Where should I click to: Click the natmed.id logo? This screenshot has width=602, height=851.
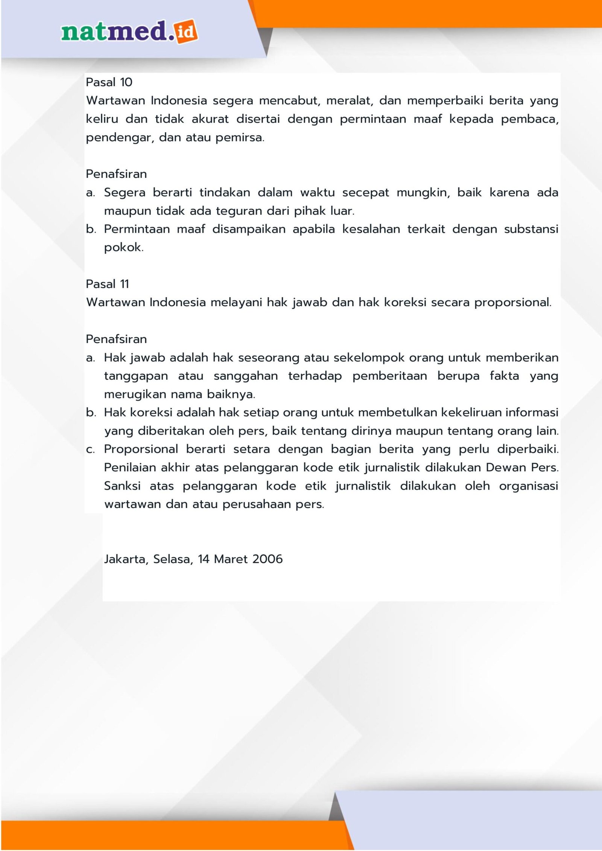click(x=129, y=32)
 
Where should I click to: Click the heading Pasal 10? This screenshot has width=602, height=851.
click(x=109, y=82)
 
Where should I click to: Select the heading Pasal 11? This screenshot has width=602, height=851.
click(x=107, y=284)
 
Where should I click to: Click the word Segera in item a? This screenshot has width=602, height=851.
click(x=125, y=193)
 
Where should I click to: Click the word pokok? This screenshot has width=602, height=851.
click(x=123, y=248)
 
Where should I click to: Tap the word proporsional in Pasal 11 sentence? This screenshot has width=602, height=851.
click(x=512, y=302)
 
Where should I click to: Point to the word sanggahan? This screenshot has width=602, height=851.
click(x=246, y=376)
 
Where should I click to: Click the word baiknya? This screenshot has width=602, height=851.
click(x=231, y=394)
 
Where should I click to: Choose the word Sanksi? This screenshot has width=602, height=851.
click(x=122, y=486)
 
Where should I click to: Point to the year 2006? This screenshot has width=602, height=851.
click(x=267, y=559)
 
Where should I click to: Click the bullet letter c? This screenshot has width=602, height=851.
click(x=90, y=450)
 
